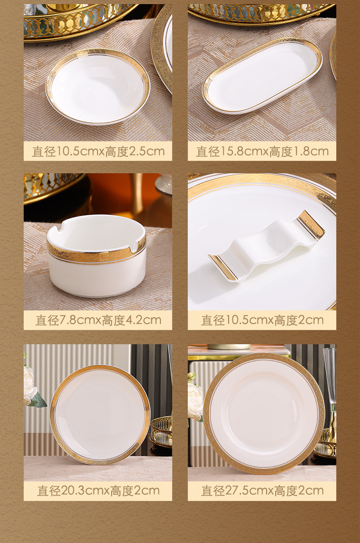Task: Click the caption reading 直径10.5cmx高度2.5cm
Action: click(x=98, y=151)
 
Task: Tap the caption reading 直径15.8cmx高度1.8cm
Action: click(x=262, y=151)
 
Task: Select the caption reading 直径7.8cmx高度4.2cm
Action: click(x=98, y=320)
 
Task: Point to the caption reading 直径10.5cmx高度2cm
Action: click(x=262, y=320)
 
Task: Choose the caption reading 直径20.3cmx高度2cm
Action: click(x=98, y=491)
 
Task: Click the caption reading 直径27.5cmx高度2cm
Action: click(x=262, y=491)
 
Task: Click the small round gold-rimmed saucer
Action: click(x=98, y=86)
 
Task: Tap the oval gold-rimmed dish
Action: click(x=262, y=75)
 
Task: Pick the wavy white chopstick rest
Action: click(x=267, y=246)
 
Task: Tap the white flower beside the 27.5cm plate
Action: click(x=195, y=399)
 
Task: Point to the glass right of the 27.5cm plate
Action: click(x=329, y=378)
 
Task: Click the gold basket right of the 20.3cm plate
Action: click(x=161, y=431)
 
